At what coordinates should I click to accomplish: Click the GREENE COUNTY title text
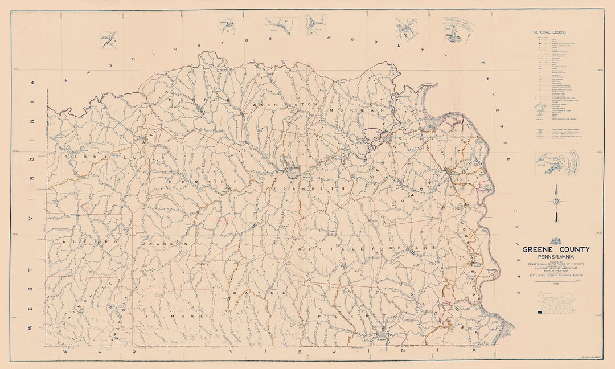click(x=556, y=249)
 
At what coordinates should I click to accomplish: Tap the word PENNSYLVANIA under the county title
click(x=556, y=256)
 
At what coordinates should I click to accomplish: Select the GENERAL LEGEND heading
click(x=549, y=32)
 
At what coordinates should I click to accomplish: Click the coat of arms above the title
click(x=556, y=241)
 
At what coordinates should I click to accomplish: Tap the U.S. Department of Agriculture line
click(x=556, y=268)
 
